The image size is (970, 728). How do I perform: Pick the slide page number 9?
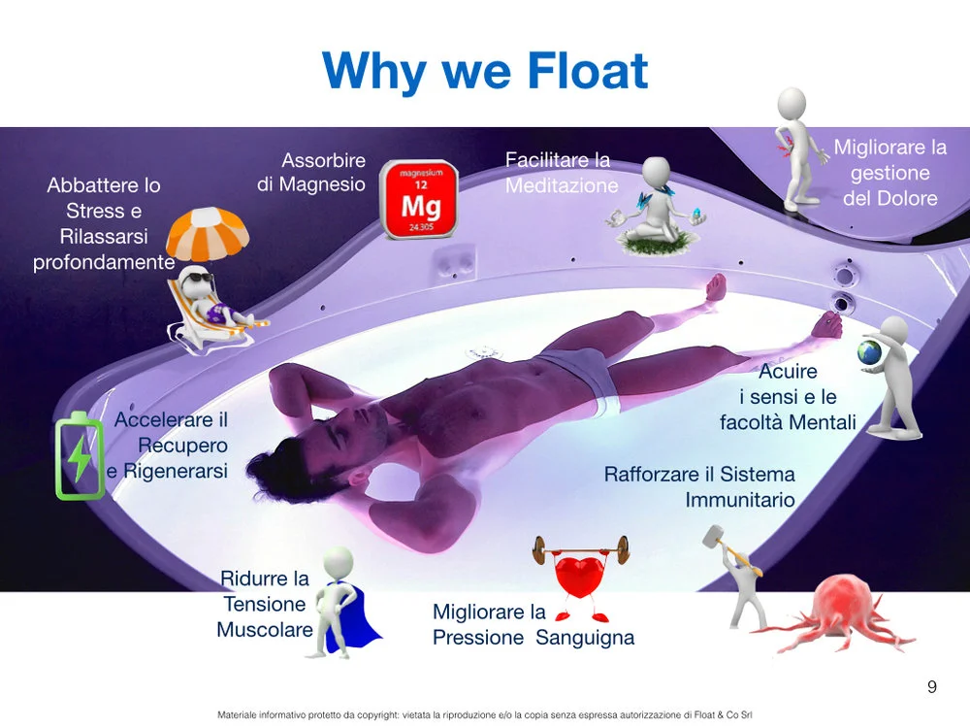[932, 687]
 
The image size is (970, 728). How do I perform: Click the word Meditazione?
[562, 185]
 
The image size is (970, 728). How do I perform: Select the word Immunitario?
[740, 501]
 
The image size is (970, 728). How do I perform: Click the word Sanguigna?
[585, 638]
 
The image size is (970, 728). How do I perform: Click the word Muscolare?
[264, 629]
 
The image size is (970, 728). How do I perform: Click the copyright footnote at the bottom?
[485, 714]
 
